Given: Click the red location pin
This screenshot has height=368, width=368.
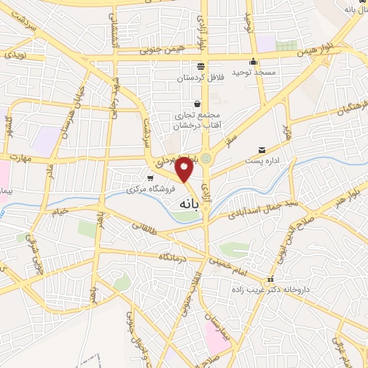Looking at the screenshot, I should click(x=185, y=170).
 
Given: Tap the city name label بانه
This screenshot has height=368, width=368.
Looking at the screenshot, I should click(x=185, y=205).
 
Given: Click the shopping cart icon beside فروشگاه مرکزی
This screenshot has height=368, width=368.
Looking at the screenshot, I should click(x=149, y=178).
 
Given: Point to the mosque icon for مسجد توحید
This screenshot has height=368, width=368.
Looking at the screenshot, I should click(x=252, y=62).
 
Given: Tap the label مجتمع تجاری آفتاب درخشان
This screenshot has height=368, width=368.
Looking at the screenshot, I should click(x=197, y=120).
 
